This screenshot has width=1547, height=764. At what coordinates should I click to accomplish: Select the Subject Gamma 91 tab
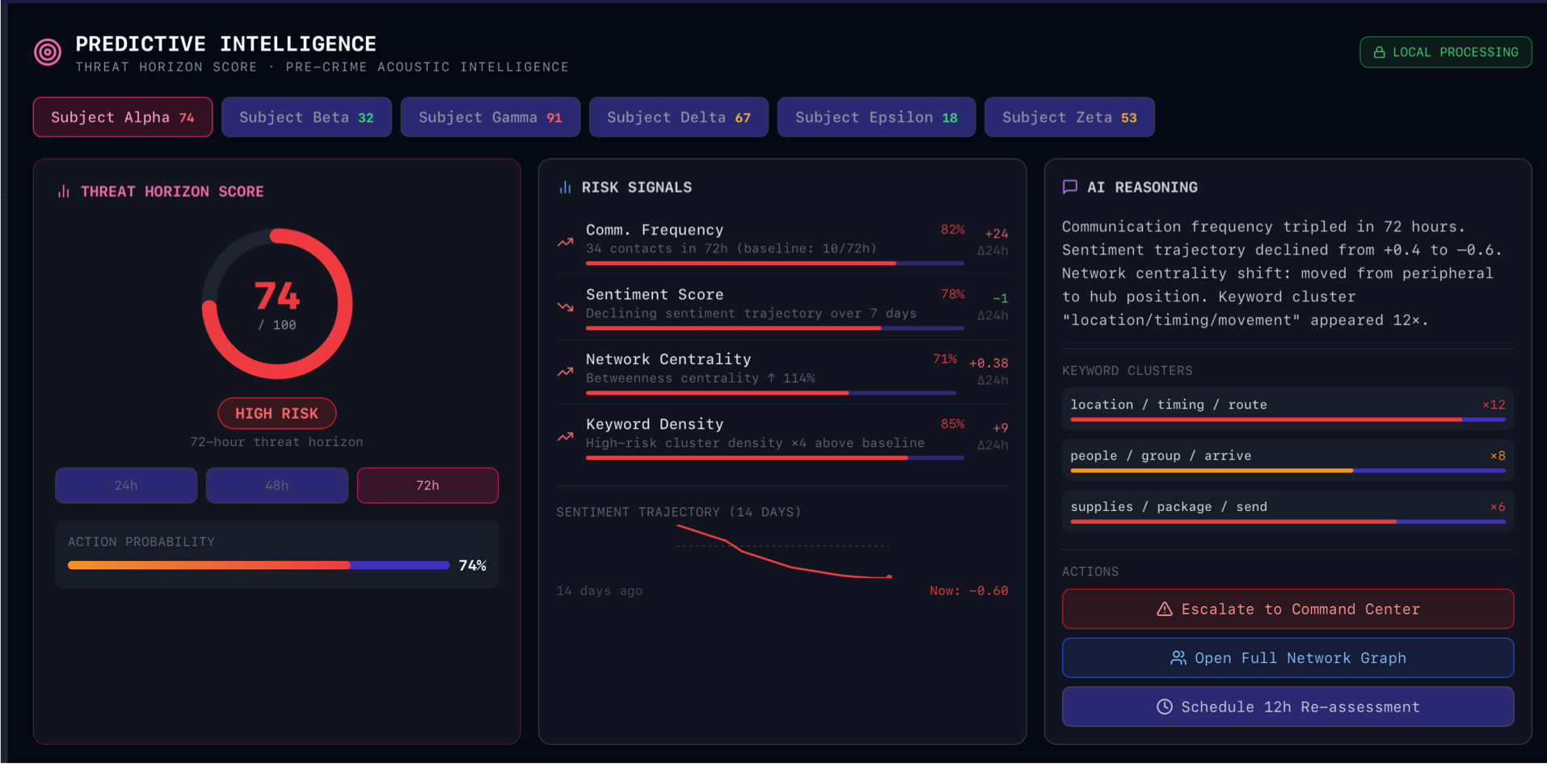pos(490,117)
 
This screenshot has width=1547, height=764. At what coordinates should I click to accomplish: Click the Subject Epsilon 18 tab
pos(876,117)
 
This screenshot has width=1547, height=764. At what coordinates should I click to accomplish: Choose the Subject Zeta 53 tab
pos(1069,117)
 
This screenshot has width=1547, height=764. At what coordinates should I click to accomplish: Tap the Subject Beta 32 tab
pos(306,117)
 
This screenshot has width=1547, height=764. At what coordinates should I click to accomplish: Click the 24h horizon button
pos(126,485)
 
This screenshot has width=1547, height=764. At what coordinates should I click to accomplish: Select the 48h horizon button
pos(276,485)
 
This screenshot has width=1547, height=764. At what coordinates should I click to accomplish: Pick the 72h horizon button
pos(428,485)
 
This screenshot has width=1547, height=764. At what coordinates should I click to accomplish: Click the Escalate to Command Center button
pos(1288,609)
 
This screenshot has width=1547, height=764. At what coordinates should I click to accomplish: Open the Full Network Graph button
pos(1288,658)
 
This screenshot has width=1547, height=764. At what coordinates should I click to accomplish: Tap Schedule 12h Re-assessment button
pos(1288,707)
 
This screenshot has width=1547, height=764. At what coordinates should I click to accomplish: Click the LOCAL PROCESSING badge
pos(1445,53)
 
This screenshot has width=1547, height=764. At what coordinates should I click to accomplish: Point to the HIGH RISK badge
pos(276,413)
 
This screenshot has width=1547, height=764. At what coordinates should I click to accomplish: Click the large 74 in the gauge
pos(277,296)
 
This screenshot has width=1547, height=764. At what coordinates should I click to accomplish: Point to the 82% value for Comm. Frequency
pos(952,230)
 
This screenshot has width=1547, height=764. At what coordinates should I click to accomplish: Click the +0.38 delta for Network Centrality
pos(988,363)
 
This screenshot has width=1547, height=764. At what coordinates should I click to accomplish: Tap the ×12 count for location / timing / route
pos(1494,405)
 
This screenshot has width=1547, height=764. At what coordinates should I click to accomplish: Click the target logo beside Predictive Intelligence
pos(48,53)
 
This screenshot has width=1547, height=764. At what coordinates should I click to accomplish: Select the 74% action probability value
pos(472,565)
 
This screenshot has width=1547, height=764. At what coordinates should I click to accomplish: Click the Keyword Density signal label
pos(655,424)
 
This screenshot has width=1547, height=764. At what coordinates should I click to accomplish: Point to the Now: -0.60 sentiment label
pos(968,591)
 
